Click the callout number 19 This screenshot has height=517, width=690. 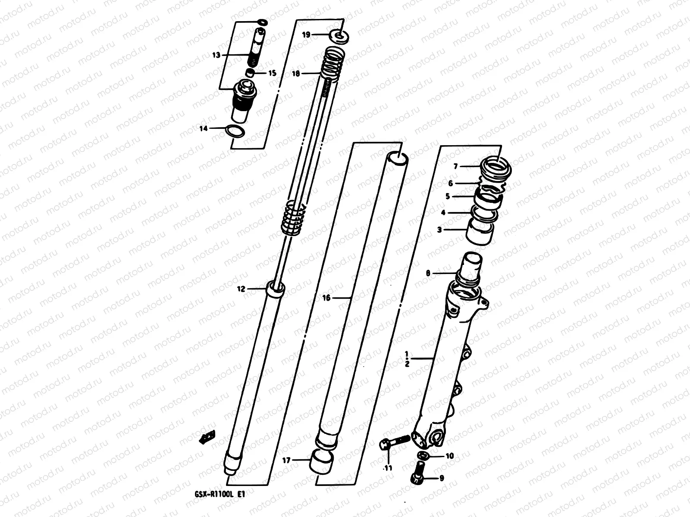(x=306, y=35)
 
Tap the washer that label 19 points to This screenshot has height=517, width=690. (x=339, y=36)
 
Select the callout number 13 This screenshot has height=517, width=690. (x=216, y=55)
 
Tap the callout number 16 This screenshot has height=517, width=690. (x=326, y=298)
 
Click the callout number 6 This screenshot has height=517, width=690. (x=451, y=183)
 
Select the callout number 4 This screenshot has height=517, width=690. (x=443, y=212)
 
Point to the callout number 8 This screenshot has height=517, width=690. (x=428, y=273)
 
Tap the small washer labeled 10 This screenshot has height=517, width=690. (x=424, y=456)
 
